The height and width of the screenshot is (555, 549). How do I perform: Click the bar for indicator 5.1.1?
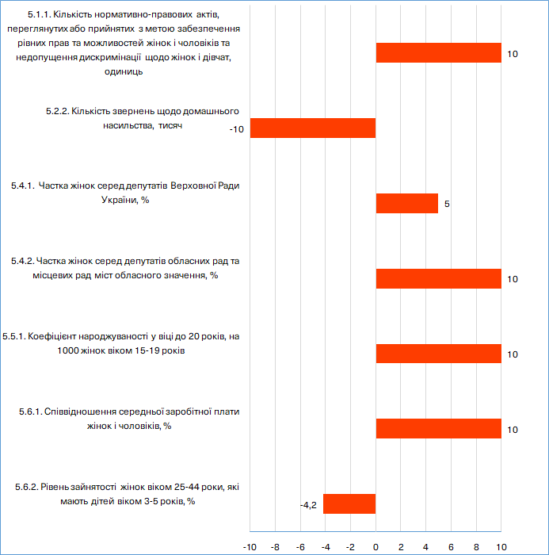pos(439,53)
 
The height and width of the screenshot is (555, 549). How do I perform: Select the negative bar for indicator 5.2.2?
pos(313,128)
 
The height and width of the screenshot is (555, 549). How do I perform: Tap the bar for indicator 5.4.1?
pos(407,203)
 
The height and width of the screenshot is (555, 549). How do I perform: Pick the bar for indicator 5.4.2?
pos(439,278)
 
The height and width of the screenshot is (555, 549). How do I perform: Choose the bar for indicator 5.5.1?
pos(439,354)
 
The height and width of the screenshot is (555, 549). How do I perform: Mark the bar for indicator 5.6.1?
pos(439,429)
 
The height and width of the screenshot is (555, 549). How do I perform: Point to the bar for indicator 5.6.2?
pos(349,503)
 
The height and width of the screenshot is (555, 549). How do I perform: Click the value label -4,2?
pos(308,505)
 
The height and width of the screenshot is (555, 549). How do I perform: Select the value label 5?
pos(447,204)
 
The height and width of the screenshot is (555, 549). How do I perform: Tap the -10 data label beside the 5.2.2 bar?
pos(237,129)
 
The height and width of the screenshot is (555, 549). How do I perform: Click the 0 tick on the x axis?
pos(376,547)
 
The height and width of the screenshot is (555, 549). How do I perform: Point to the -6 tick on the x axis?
pos(300,547)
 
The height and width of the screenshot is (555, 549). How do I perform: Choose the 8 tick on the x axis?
pos(476,547)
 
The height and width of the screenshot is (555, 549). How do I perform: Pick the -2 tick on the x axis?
pos(350,547)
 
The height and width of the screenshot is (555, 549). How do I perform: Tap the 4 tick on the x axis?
pos(426,547)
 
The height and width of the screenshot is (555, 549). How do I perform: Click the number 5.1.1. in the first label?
pos(40,14)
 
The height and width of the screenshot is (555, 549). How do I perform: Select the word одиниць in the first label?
pos(124,72)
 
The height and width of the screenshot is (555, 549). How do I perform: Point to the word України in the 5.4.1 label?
pos(119,200)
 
